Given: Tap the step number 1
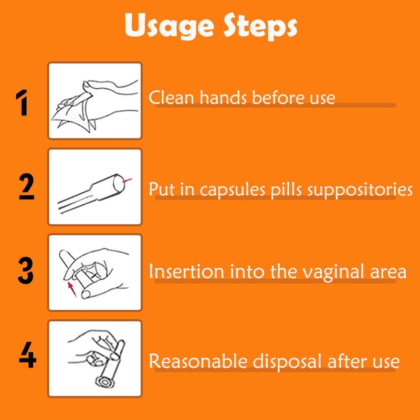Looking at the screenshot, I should click(22, 103).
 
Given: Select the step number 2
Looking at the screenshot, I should click(26, 187).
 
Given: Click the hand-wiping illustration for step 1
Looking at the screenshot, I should click(95, 101).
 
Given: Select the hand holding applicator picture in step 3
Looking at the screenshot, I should click(95, 272).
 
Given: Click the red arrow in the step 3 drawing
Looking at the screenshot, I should click(71, 288).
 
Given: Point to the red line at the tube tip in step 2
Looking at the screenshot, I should click(127, 181).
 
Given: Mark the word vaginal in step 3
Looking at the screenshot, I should click(329, 272).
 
